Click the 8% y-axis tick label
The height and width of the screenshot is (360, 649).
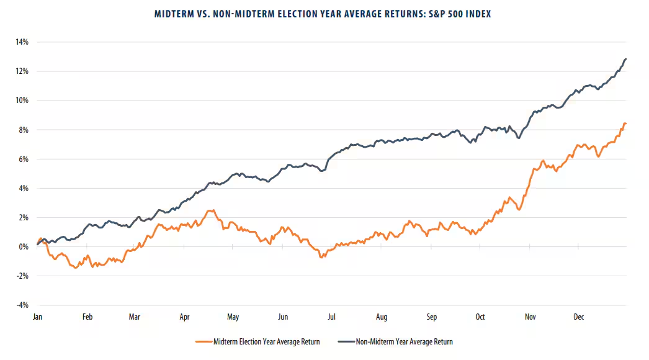click(x=22, y=130)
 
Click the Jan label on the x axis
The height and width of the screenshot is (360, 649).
click(x=38, y=317)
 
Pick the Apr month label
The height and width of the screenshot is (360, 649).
click(x=184, y=317)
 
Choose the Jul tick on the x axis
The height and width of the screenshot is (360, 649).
click(x=332, y=317)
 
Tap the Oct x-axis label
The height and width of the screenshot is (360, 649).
click(x=480, y=317)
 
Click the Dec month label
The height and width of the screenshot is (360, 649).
click(x=578, y=317)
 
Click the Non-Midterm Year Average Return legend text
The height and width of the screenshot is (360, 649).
click(x=403, y=341)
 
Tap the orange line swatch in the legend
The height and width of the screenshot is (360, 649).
click(x=203, y=341)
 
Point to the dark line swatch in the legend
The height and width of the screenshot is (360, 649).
click(x=344, y=341)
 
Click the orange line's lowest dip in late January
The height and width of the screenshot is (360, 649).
click(x=76, y=268)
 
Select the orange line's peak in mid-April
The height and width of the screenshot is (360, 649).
click(x=211, y=210)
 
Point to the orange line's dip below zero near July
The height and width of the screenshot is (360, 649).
click(x=321, y=256)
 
